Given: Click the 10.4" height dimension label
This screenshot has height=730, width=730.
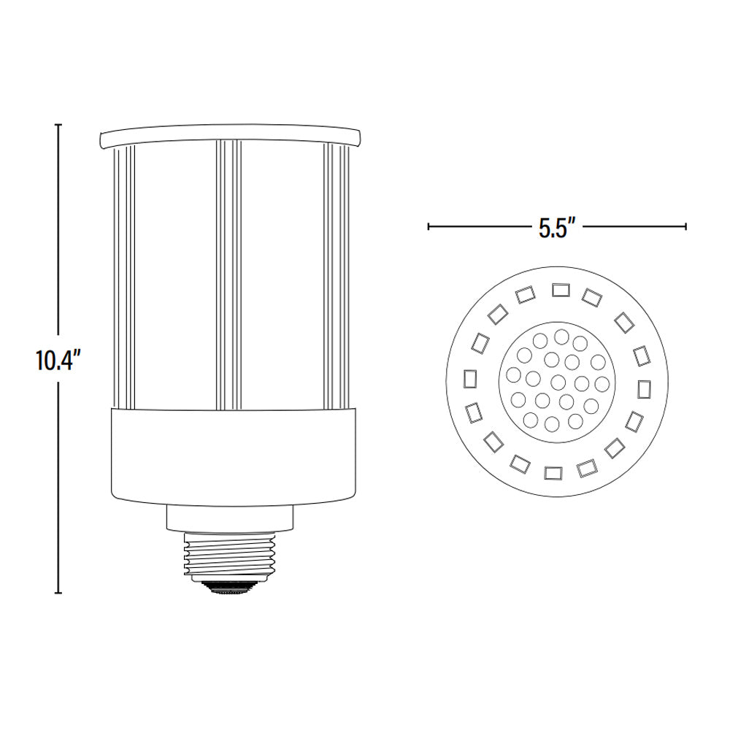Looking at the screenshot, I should click(x=57, y=361).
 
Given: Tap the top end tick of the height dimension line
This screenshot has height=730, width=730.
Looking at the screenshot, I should click(x=58, y=126).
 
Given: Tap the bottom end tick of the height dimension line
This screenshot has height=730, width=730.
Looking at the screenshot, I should click(x=58, y=593).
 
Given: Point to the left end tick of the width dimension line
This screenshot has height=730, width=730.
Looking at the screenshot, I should click(x=429, y=226).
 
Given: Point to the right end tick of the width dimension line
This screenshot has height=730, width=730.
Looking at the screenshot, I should click(x=685, y=226).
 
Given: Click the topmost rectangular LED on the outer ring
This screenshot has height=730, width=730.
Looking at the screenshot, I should click(x=560, y=289).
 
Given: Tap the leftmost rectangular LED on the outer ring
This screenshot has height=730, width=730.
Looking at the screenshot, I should click(x=468, y=378).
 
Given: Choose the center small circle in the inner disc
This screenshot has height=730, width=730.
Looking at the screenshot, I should click(x=558, y=380).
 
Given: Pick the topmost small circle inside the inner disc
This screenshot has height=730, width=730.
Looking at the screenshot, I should click(x=561, y=337).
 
